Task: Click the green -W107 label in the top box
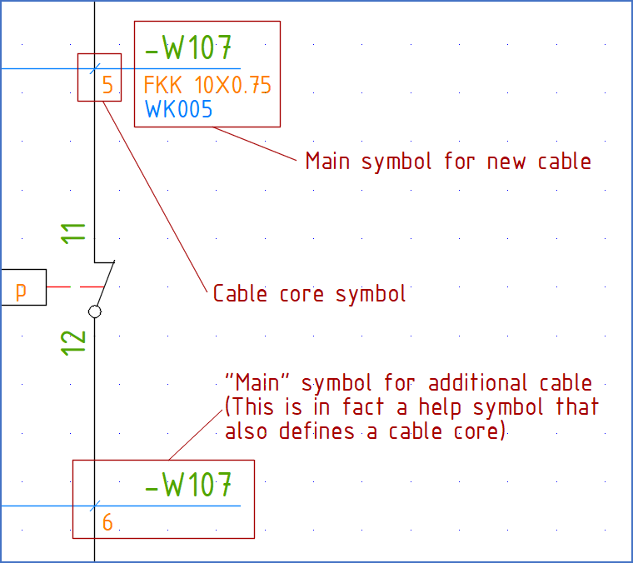pyautogui.click(x=188, y=49)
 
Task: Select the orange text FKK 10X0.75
pyautogui.click(x=207, y=85)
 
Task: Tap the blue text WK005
pyautogui.click(x=178, y=109)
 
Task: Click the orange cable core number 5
pyautogui.click(x=107, y=85)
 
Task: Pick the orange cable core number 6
pyautogui.click(x=107, y=523)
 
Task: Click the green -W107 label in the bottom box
pyautogui.click(x=188, y=486)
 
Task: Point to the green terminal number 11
pyautogui.click(x=75, y=232)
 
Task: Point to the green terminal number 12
pyautogui.click(x=75, y=341)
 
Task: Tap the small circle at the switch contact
pyautogui.click(x=95, y=311)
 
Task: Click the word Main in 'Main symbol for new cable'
pyautogui.click(x=329, y=161)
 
